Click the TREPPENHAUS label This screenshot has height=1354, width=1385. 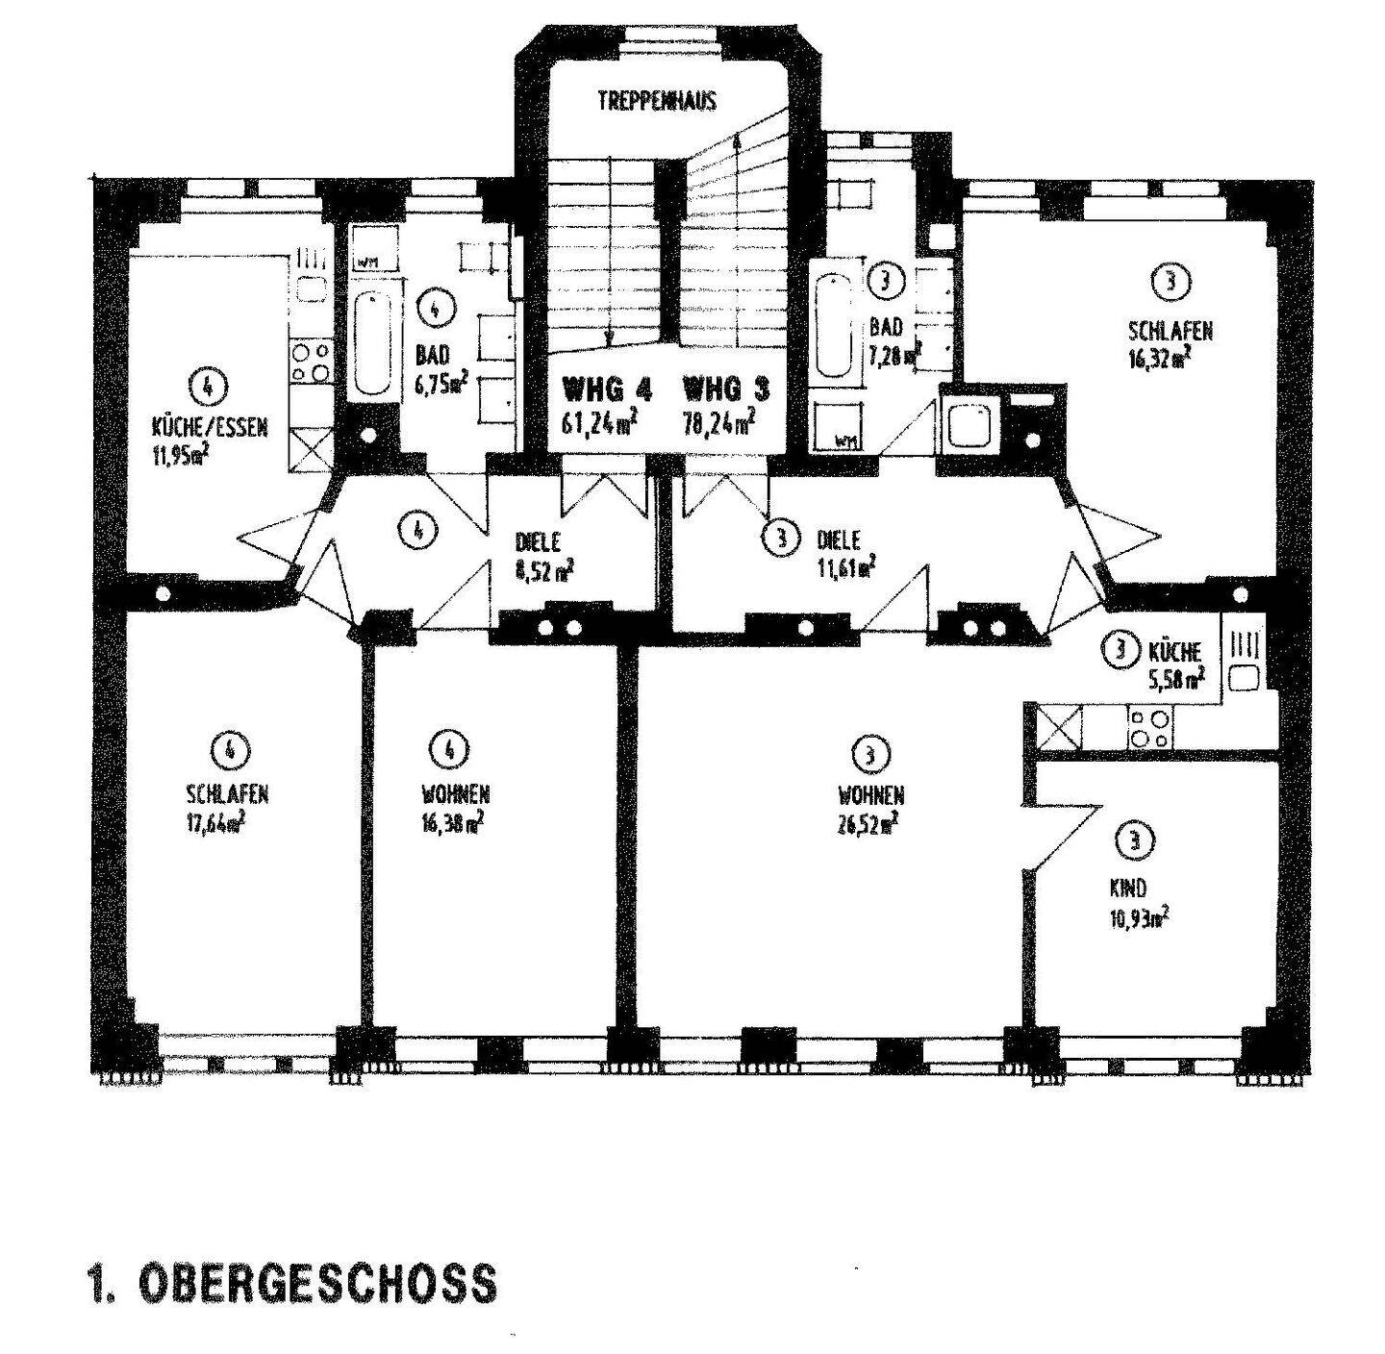656,102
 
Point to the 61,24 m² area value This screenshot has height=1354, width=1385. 598,425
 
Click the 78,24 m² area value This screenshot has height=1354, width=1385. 718,425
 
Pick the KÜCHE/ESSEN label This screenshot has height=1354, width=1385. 210,429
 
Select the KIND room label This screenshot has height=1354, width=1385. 1128,889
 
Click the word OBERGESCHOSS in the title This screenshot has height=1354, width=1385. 318,1283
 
